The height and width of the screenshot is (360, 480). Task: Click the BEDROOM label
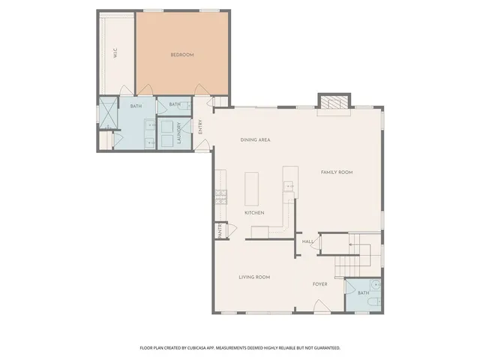(x=182, y=55)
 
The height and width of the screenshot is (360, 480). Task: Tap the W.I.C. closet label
(x=115, y=53)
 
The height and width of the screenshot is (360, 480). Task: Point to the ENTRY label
(x=200, y=127)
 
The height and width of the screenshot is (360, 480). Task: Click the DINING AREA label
(x=255, y=140)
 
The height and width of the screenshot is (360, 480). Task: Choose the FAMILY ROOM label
(x=337, y=172)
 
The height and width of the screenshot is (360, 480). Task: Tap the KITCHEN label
(x=255, y=213)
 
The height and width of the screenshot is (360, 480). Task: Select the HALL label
(x=307, y=241)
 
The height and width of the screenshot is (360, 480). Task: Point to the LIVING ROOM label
(x=254, y=277)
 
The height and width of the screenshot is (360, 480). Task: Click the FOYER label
(x=320, y=284)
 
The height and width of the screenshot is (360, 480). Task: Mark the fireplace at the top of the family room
(x=334, y=103)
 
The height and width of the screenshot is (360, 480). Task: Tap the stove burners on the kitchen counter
(x=221, y=197)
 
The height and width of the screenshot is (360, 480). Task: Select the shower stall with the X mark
(x=109, y=113)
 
